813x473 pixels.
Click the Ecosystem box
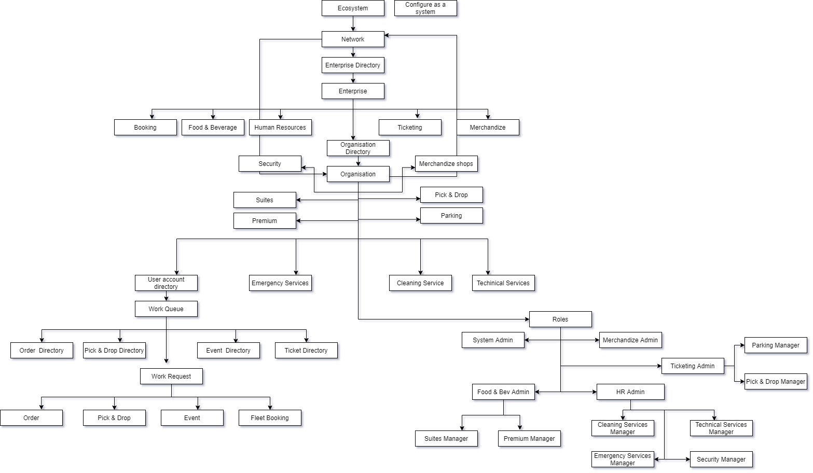[x=353, y=8]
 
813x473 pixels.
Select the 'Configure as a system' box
[x=425, y=8]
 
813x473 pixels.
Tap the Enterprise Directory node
[x=353, y=65]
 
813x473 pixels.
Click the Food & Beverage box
[x=213, y=128]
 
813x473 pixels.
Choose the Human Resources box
[x=280, y=128]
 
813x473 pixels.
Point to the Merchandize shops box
[x=446, y=164]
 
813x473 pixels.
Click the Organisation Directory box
[x=358, y=148]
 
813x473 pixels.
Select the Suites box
[x=265, y=200]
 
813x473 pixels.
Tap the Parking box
[x=451, y=216]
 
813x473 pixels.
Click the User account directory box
[x=166, y=283]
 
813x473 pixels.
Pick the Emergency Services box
[x=280, y=283]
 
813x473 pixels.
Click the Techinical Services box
[x=503, y=283]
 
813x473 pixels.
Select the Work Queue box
[x=166, y=309]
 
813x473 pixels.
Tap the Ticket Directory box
[x=306, y=351]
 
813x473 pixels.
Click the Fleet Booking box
[x=270, y=418]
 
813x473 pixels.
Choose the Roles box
[x=560, y=319]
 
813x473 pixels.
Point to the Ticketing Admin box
[x=693, y=366]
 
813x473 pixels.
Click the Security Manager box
[x=721, y=460]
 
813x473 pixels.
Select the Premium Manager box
[x=529, y=439]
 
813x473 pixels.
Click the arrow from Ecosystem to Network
[x=353, y=24]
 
